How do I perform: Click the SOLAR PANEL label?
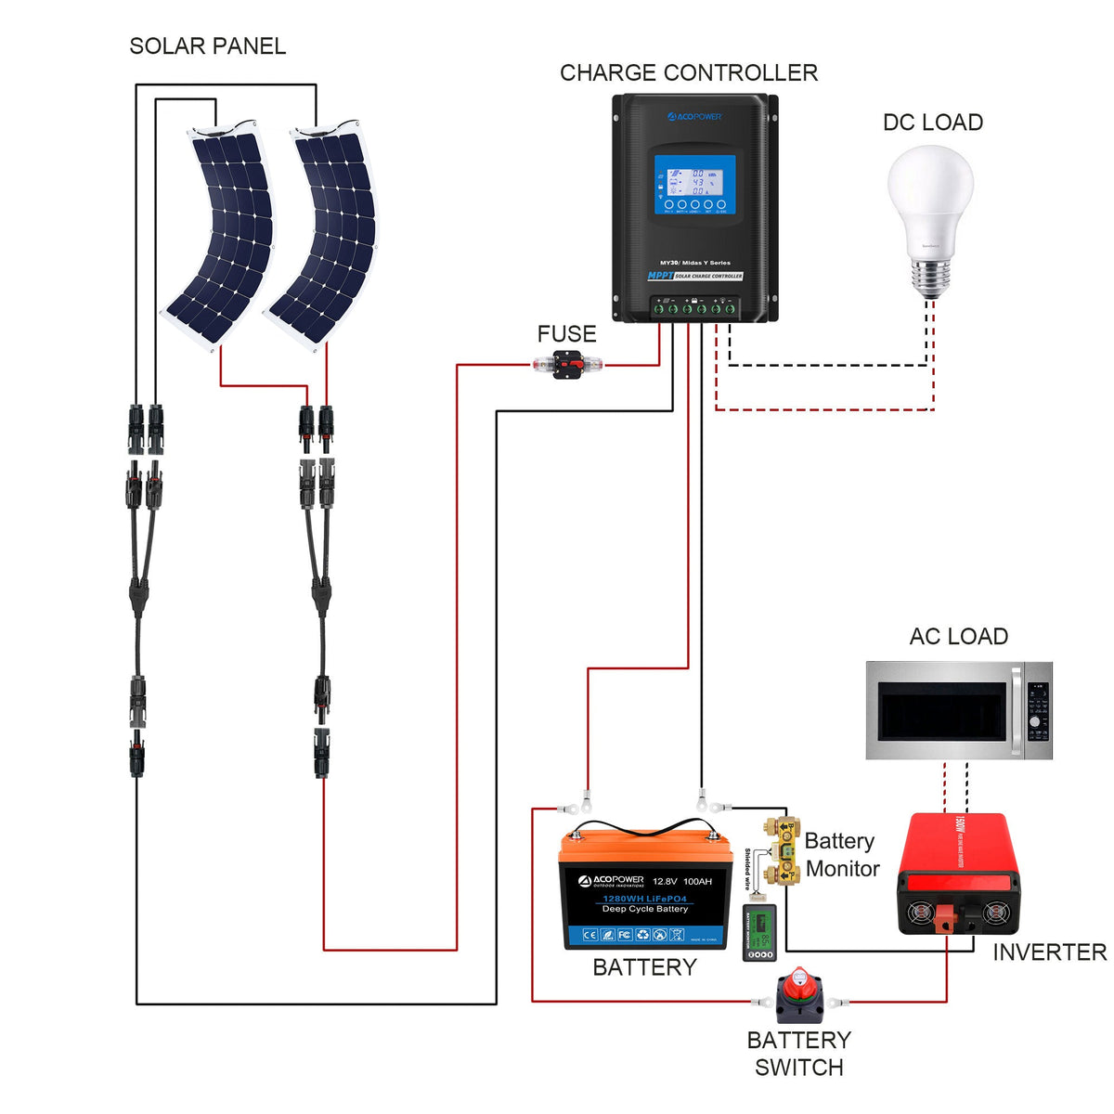click(x=207, y=46)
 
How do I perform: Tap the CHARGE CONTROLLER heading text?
click(x=688, y=73)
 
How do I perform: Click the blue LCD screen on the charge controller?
click(x=694, y=184)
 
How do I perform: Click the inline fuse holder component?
click(x=566, y=365)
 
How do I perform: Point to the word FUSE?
click(x=566, y=334)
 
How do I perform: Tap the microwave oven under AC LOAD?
click(x=958, y=710)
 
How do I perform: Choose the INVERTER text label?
click(x=1049, y=952)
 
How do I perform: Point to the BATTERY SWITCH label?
click(x=798, y=1054)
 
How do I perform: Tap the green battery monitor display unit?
click(x=759, y=934)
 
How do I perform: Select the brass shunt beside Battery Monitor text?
click(x=782, y=849)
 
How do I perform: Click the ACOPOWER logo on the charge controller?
click(x=694, y=117)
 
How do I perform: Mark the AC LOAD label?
click(x=958, y=637)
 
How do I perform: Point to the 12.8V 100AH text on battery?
click(x=682, y=881)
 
